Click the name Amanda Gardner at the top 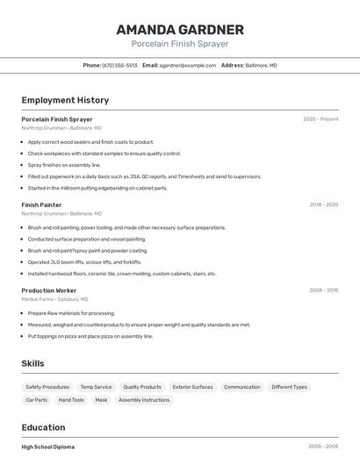pos(180,30)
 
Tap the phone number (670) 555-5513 pos(119,65)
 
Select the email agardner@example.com pos(187,65)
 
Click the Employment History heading pos(65,100)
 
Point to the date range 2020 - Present pos(320,119)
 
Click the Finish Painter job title pos(41,204)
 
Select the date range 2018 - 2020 pos(323,204)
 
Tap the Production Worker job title pos(49,290)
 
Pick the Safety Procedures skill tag pos(47,387)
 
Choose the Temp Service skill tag pos(96,387)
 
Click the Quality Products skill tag pos(142,387)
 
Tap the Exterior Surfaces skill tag pos(192,387)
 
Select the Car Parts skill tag pos(36,400)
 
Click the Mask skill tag pos(101,400)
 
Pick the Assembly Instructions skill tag pos(144,400)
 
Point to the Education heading pos(44,427)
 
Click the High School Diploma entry pos(47,447)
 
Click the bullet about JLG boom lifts pos(84,261)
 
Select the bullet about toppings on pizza pos(90,336)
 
